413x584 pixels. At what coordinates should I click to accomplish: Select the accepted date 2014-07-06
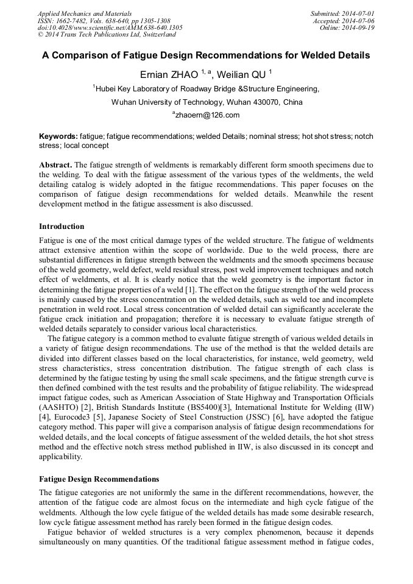[x=359, y=21]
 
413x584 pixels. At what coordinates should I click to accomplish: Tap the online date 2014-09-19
[x=360, y=28]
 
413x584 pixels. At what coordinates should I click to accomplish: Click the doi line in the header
[x=110, y=28]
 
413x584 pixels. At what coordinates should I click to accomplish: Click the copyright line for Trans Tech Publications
[x=107, y=35]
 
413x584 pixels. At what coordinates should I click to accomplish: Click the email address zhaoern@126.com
[x=207, y=115]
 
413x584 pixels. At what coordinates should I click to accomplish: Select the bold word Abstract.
[x=55, y=165]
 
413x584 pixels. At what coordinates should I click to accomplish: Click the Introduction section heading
[x=62, y=226]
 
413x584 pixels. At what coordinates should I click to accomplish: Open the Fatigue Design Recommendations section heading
[x=99, y=479]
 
